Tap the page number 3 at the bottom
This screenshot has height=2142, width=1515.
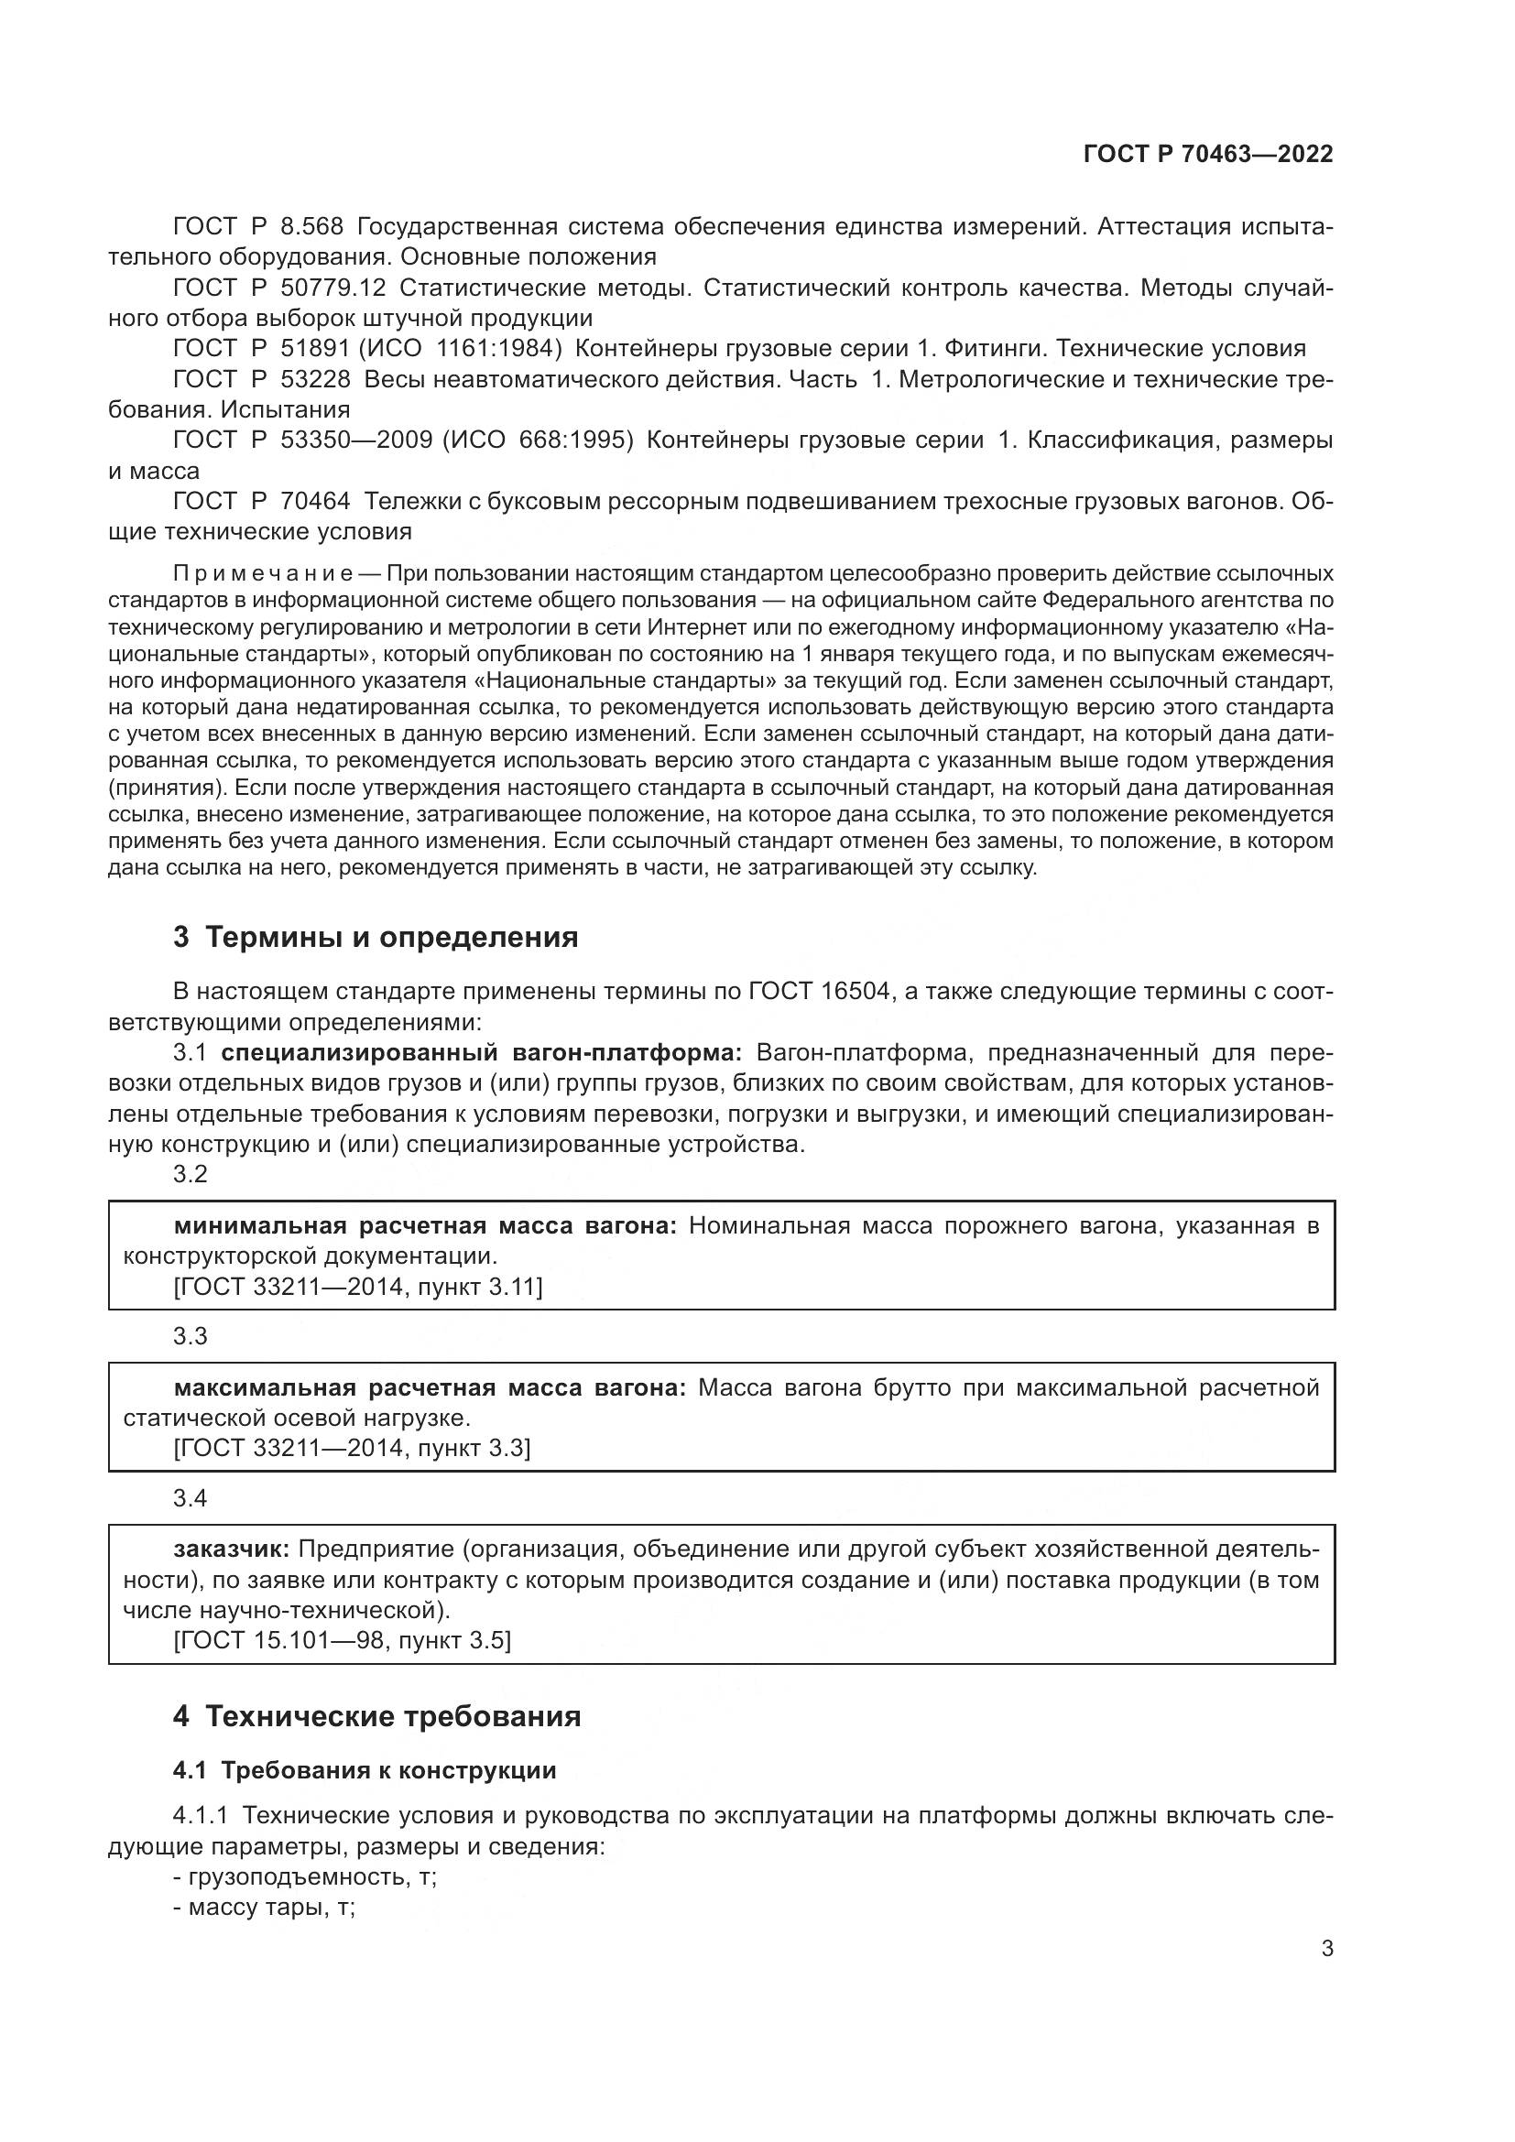click(x=1326, y=1949)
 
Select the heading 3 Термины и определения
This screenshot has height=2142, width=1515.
click(x=375, y=938)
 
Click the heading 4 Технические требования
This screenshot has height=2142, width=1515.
click(x=376, y=1716)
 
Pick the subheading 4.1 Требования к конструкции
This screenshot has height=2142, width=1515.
click(x=365, y=1771)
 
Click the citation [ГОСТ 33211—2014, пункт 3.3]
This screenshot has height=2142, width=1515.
click(x=352, y=1449)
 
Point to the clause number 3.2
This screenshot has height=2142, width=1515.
click(x=191, y=1175)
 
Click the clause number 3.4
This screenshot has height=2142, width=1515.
click(x=191, y=1498)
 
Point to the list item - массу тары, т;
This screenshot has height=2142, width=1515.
click(x=264, y=1908)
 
